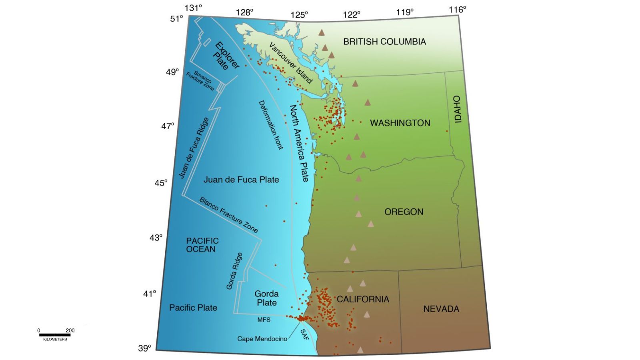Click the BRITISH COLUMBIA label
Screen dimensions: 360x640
pyautogui.click(x=384, y=42)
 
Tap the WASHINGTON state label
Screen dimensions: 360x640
pyautogui.click(x=400, y=123)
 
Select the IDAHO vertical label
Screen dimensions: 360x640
pyautogui.click(x=458, y=109)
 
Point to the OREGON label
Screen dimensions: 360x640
pyautogui.click(x=404, y=212)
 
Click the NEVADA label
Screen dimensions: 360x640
pyautogui.click(x=441, y=309)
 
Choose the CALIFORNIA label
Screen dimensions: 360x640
pyautogui.click(x=363, y=299)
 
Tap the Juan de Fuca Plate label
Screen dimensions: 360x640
pyautogui.click(x=241, y=180)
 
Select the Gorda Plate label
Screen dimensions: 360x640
pyautogui.click(x=266, y=298)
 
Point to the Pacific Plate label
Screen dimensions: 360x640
pyautogui.click(x=193, y=308)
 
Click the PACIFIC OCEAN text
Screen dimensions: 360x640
pyautogui.click(x=202, y=245)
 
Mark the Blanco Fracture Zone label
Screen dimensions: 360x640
pyautogui.click(x=228, y=215)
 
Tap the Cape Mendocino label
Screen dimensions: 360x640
pyautogui.click(x=262, y=339)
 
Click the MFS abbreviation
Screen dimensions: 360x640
pyautogui.click(x=264, y=320)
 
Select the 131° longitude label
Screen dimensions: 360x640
pyautogui.click(x=193, y=8)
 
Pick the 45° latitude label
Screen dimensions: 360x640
pyautogui.click(x=161, y=183)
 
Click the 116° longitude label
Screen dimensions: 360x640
pyautogui.click(x=457, y=9)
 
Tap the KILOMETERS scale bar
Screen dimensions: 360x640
pyautogui.click(x=55, y=335)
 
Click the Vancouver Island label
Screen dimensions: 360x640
pyautogui.click(x=290, y=63)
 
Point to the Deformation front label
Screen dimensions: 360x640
pyautogui.click(x=271, y=125)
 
